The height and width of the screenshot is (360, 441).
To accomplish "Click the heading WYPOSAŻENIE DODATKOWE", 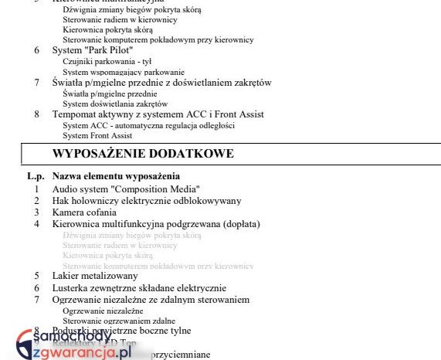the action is click(x=143, y=154).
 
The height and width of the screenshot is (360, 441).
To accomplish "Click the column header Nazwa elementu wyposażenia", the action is click(x=116, y=176).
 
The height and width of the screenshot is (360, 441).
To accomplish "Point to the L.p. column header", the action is click(x=36, y=176).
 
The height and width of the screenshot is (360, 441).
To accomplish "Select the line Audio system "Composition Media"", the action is click(x=126, y=188).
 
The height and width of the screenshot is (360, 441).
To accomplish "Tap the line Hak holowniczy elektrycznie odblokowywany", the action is click(x=147, y=201).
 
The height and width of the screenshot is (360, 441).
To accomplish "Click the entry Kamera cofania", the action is click(x=84, y=212).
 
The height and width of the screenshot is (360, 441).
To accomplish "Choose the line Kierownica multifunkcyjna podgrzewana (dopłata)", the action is click(x=156, y=224).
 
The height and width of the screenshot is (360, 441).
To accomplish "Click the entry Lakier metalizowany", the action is click(x=95, y=275).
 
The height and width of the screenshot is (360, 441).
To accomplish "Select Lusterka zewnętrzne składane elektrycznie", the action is click(x=139, y=287).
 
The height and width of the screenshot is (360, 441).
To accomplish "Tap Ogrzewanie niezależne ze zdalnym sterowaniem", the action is click(x=151, y=299).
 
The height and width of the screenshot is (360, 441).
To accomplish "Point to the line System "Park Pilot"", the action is click(x=92, y=50).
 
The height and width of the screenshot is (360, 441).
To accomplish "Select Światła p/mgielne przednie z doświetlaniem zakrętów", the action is click(x=161, y=83).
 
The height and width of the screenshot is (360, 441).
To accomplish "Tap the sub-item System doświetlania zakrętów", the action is click(x=115, y=104).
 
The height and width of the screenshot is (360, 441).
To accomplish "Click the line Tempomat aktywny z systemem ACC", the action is click(x=158, y=114).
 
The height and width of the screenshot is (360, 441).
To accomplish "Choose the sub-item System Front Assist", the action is click(x=97, y=135).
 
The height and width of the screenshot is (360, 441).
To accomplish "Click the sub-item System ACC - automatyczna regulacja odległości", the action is click(x=148, y=125).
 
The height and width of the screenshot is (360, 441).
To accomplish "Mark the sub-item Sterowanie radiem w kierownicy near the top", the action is click(x=120, y=19).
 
